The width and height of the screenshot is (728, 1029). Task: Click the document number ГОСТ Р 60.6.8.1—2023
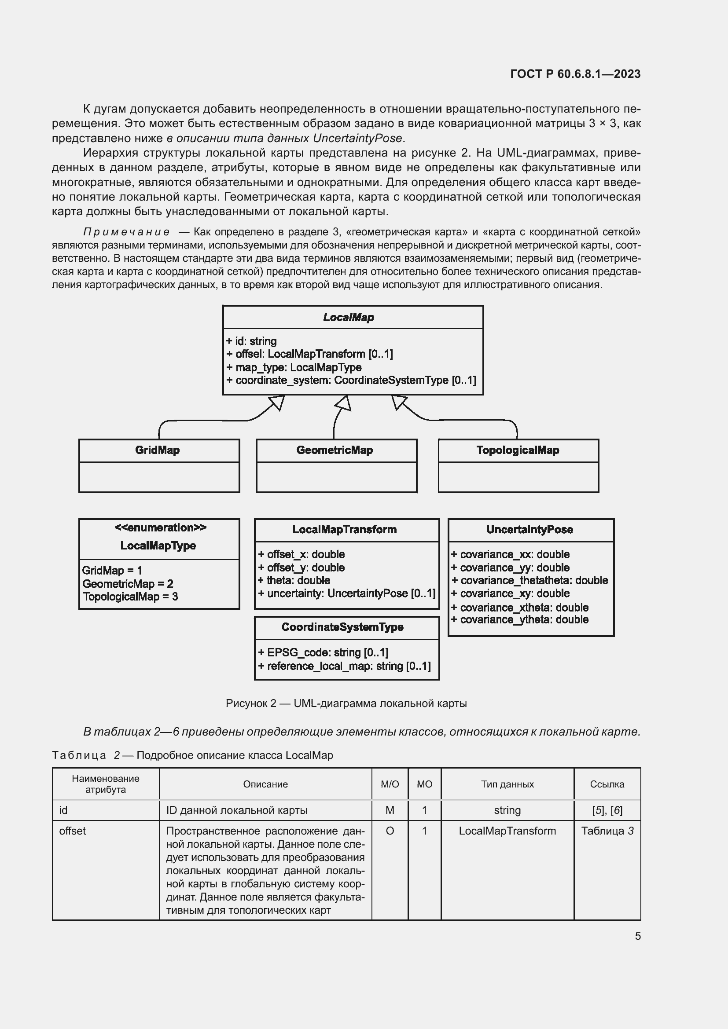[x=575, y=74]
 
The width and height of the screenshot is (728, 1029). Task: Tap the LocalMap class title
[x=348, y=317]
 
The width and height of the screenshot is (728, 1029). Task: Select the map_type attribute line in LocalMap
[x=294, y=367]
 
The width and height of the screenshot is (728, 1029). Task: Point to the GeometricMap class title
[x=335, y=450]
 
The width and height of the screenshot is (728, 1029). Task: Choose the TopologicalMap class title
[x=517, y=450]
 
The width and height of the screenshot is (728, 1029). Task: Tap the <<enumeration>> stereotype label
[x=161, y=527]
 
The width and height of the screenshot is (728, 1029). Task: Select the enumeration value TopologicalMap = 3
[x=130, y=597]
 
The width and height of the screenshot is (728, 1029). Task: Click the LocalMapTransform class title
[x=344, y=529]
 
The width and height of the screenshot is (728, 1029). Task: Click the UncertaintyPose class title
[x=529, y=529]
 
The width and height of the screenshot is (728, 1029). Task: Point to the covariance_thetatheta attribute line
[x=529, y=580]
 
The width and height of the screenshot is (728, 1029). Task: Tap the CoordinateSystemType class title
[x=342, y=627]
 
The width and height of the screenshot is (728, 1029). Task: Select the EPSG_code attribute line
[x=323, y=652]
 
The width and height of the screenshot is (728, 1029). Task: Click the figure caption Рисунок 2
[x=346, y=703]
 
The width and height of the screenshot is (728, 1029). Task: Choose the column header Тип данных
[x=507, y=784]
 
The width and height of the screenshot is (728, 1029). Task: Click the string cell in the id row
[x=507, y=810]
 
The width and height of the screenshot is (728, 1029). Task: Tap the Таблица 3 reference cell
[x=607, y=831]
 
